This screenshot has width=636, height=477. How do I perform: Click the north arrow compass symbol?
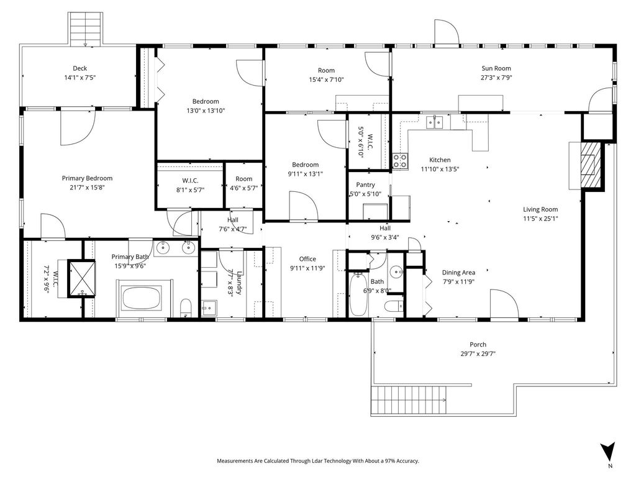click(607, 452)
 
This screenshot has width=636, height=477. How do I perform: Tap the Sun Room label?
click(496, 68)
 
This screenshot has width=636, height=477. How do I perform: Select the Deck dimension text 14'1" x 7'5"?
click(80, 78)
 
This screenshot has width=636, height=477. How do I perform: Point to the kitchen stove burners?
click(399, 161)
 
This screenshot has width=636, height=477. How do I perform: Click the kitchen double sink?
click(434, 122)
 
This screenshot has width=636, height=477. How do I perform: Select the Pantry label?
click(365, 184)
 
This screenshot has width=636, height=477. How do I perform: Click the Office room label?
click(307, 259)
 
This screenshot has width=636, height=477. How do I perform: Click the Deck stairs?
click(85, 30)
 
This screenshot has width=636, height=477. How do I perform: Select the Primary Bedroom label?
click(87, 178)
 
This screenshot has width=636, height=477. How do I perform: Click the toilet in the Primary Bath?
click(186, 307)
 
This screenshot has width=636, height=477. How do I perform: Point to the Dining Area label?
click(458, 273)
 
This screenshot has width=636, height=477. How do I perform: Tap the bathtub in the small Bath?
click(358, 294)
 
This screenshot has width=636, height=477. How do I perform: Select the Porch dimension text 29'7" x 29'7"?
click(478, 353)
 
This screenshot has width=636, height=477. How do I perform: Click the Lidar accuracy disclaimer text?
click(318, 461)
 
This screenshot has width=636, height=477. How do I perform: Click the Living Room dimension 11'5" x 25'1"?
click(540, 219)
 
